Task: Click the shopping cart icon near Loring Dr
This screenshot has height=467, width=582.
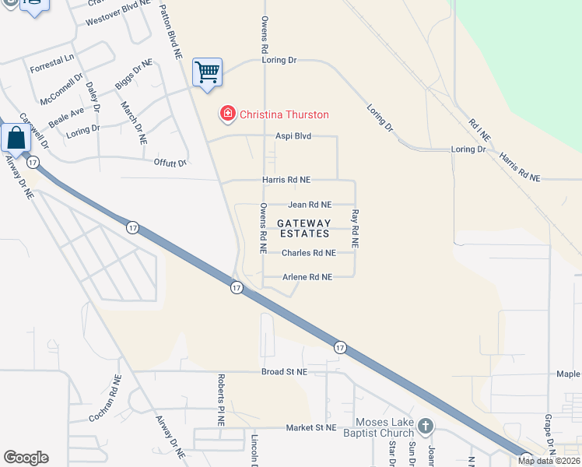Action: coord(208,73)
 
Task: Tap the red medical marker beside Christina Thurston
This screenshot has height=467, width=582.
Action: coord(227,114)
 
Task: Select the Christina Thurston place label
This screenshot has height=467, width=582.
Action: coord(284,114)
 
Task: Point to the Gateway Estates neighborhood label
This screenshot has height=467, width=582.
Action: coord(303,228)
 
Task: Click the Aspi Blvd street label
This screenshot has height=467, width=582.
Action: coord(293,136)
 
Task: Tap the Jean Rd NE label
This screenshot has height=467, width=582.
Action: coord(310,205)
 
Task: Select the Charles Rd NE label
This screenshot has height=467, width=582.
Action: coord(308,253)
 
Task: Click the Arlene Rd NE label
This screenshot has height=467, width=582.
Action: coord(307,277)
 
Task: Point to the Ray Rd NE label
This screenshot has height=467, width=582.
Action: coord(355,228)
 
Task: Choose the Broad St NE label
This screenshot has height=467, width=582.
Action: coord(285,372)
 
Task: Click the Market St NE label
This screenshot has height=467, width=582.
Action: coord(310,427)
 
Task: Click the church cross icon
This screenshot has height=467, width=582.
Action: coord(425,426)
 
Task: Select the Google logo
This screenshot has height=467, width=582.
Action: coord(26,458)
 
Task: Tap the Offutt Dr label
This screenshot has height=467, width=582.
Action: coord(170,163)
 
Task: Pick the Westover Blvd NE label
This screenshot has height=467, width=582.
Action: coord(117,6)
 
